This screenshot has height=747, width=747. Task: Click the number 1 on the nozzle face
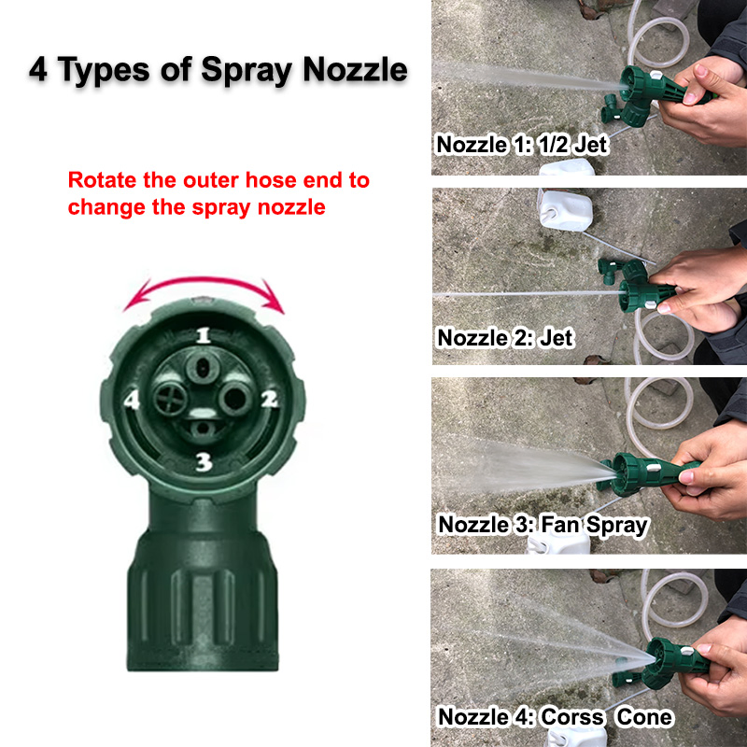pos(203,336)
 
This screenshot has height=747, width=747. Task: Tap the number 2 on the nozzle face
pos(270,401)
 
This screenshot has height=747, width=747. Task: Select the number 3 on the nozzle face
pos(204,460)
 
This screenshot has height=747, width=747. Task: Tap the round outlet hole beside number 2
pos(233,399)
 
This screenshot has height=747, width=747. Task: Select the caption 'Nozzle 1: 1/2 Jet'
pos(522,145)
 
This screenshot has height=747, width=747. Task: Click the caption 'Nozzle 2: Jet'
pos(505,337)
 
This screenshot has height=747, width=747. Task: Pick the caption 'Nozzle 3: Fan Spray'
pos(543,524)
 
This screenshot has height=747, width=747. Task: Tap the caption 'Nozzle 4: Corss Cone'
pos(555,716)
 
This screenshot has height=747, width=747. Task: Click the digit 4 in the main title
pos(39,70)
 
